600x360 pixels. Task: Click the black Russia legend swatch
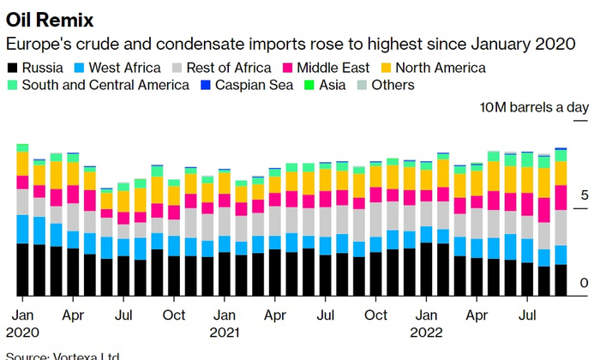[x=12, y=68]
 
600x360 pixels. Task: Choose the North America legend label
[x=439, y=68]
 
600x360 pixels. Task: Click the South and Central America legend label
[x=105, y=85]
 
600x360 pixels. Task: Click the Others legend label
[x=393, y=85]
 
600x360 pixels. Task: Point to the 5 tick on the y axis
[x=584, y=196]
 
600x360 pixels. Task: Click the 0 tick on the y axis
[x=584, y=284]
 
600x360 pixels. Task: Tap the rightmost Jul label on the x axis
[x=527, y=315]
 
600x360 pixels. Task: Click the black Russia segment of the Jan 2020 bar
[x=23, y=269]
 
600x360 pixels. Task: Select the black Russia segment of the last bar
[x=561, y=279]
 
